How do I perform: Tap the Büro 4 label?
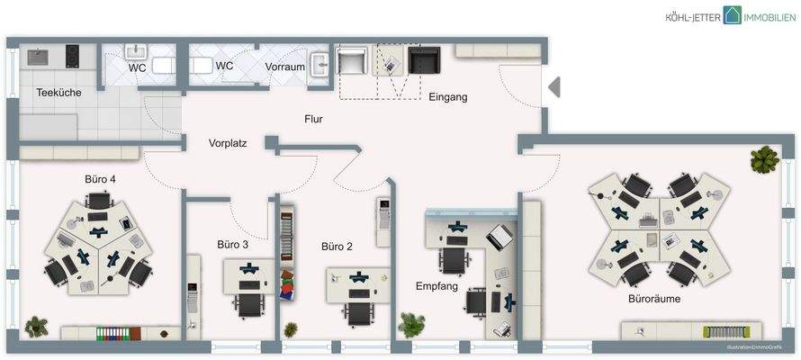coord(100,179)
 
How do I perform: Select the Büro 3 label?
coord(232,244)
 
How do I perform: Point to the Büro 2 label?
coord(337,246)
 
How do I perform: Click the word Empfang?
coord(436,286)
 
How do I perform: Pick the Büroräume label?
coord(654,298)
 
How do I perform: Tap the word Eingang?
coord(447,97)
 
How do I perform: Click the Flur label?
coord(313,119)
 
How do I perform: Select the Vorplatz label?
coord(228,143)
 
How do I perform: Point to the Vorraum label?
coord(284,67)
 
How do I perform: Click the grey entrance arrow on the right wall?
coord(554,87)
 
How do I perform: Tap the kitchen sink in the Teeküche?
coord(40,56)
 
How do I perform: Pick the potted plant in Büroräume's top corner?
coord(764,159)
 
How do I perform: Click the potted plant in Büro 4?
coord(37,323)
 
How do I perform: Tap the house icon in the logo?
coord(733,15)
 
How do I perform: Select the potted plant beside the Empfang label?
coord(412,322)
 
